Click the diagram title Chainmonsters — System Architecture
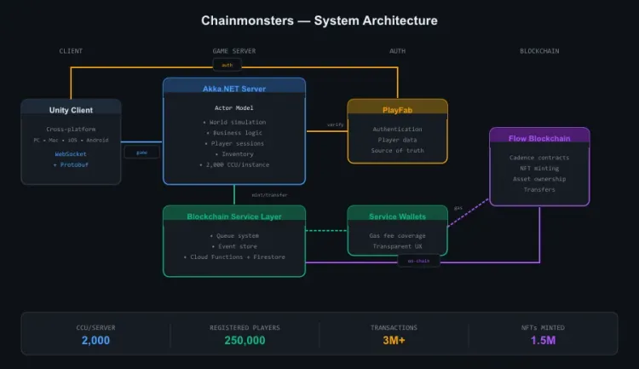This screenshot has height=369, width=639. (319, 20)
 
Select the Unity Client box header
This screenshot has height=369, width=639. (71, 109)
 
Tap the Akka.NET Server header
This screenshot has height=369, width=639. (233, 87)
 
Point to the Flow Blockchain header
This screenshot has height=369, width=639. (538, 136)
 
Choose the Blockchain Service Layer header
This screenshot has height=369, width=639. (233, 216)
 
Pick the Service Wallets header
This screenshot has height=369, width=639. (397, 216)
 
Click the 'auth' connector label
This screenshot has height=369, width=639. (227, 65)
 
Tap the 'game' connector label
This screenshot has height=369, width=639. (141, 153)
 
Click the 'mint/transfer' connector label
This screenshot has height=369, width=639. (269, 195)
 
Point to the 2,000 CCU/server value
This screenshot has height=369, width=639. (95, 341)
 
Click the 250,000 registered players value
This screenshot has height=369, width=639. (245, 341)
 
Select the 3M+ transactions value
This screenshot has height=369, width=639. (393, 341)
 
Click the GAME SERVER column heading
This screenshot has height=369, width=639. (233, 51)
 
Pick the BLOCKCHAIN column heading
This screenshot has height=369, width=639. (539, 51)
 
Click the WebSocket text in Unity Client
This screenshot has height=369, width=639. (71, 153)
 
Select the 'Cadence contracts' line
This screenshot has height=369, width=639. (538, 158)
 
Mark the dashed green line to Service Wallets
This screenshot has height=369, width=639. (326, 230)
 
